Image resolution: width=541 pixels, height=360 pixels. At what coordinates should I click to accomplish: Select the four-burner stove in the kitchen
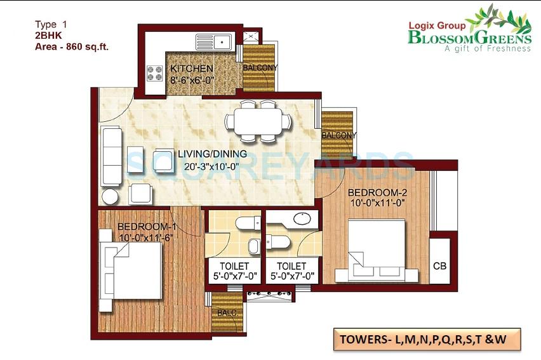155,73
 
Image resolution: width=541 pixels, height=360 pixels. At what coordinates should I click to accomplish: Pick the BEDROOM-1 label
147,227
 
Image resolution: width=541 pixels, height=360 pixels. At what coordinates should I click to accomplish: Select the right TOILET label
291,265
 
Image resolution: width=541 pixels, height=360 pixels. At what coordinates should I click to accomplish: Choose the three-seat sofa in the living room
111,157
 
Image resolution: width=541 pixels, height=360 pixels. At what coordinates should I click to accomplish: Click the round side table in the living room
110,196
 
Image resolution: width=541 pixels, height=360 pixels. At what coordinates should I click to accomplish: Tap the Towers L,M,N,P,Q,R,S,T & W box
426,339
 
